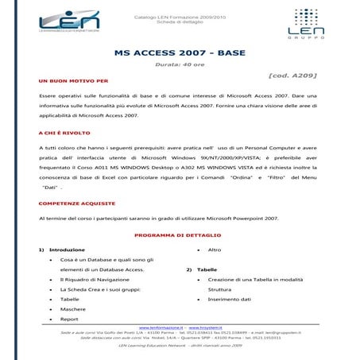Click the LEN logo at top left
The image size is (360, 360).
tap(69, 26)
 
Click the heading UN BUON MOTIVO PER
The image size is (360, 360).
tap(73, 81)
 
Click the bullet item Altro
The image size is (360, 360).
tap(214, 250)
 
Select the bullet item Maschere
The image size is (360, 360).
tap(72, 309)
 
